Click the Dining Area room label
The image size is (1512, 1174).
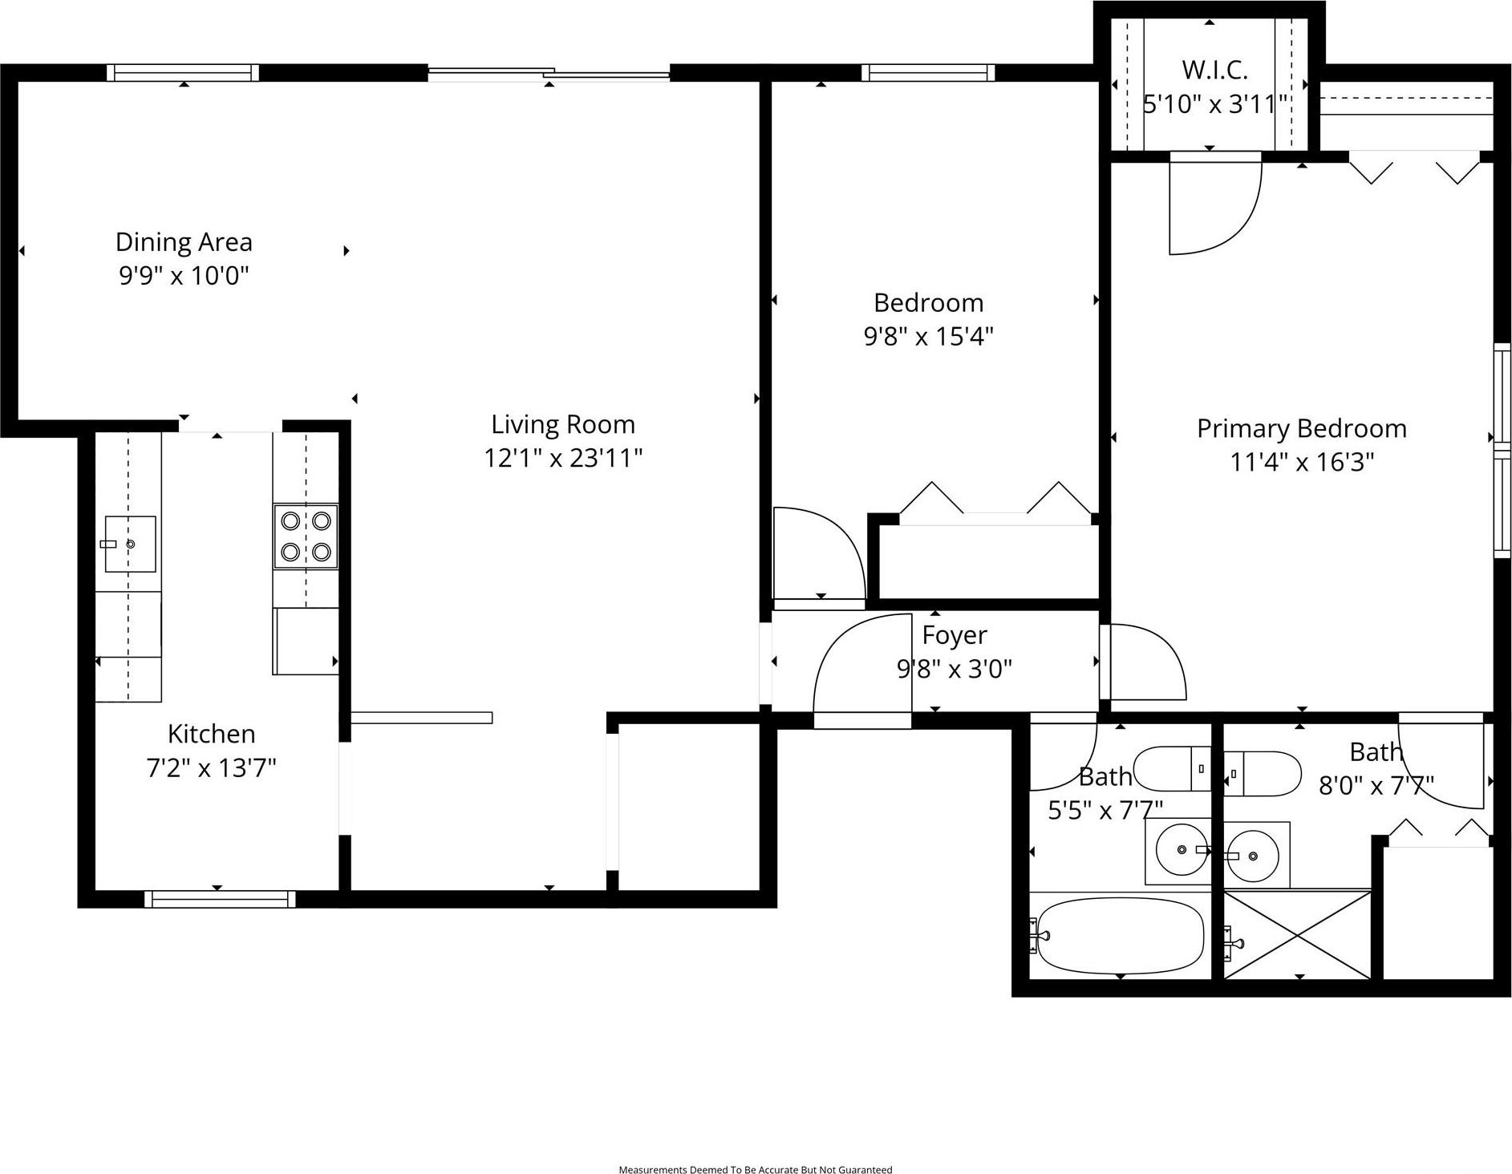coord(184,241)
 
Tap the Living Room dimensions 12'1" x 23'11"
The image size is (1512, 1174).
coord(563,458)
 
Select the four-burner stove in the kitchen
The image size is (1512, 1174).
coord(306,536)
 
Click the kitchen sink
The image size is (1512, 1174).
coord(130,544)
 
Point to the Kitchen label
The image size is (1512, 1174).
coord(211,734)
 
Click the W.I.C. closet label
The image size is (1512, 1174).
coord(1214,71)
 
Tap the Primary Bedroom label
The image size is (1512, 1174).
coord(1301,428)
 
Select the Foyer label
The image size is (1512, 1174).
coord(954,635)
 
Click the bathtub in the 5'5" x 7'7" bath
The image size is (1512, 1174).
coord(1120,935)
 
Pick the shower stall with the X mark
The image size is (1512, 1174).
coord(1297,934)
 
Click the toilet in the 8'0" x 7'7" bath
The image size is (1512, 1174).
coord(1262,773)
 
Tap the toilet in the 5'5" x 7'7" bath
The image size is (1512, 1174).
coord(1172,768)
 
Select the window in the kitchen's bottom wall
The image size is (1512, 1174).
coord(220,899)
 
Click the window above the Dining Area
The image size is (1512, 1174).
coord(183,73)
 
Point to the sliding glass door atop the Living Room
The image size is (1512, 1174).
coord(549,75)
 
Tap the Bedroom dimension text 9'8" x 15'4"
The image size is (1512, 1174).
coord(928,336)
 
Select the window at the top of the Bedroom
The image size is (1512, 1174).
coord(928,73)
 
